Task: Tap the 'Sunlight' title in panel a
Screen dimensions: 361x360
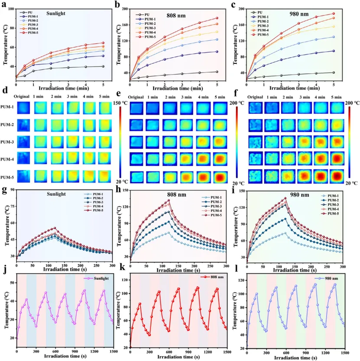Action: (55, 13)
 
